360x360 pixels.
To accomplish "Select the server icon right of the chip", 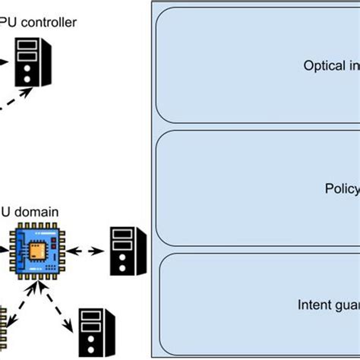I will tap(122, 251).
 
